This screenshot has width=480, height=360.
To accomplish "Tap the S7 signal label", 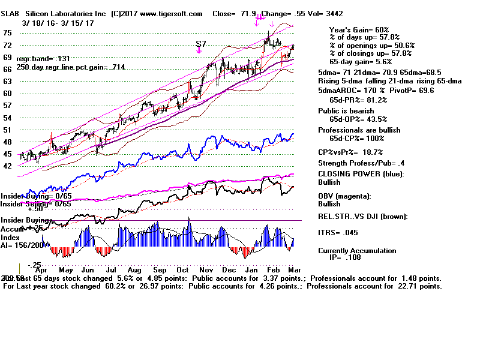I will point(202,44).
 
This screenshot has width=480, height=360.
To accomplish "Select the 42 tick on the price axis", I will point(8,166).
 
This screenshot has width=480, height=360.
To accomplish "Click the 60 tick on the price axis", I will point(8,93).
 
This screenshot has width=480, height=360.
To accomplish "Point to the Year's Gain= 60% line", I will point(359,29).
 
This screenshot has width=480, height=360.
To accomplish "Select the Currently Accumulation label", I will point(357,251).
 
